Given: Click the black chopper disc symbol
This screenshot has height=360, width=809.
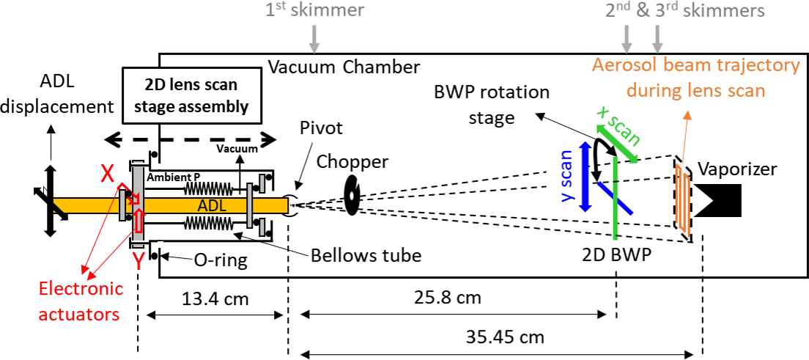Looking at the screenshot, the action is click(x=352, y=195).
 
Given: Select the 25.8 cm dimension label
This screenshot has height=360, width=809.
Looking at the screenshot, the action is click(x=454, y=298).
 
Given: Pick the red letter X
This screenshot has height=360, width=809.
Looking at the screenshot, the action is click(x=107, y=176).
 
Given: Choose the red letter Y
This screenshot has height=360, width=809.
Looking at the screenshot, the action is click(x=138, y=262).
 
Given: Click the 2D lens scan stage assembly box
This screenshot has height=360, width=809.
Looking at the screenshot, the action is click(x=191, y=96).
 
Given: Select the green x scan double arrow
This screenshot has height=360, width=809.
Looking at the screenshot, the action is click(x=616, y=142).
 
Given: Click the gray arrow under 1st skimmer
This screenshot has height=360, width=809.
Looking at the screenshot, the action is click(x=315, y=40).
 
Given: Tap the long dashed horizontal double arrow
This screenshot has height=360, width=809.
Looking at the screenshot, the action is click(x=191, y=139).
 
